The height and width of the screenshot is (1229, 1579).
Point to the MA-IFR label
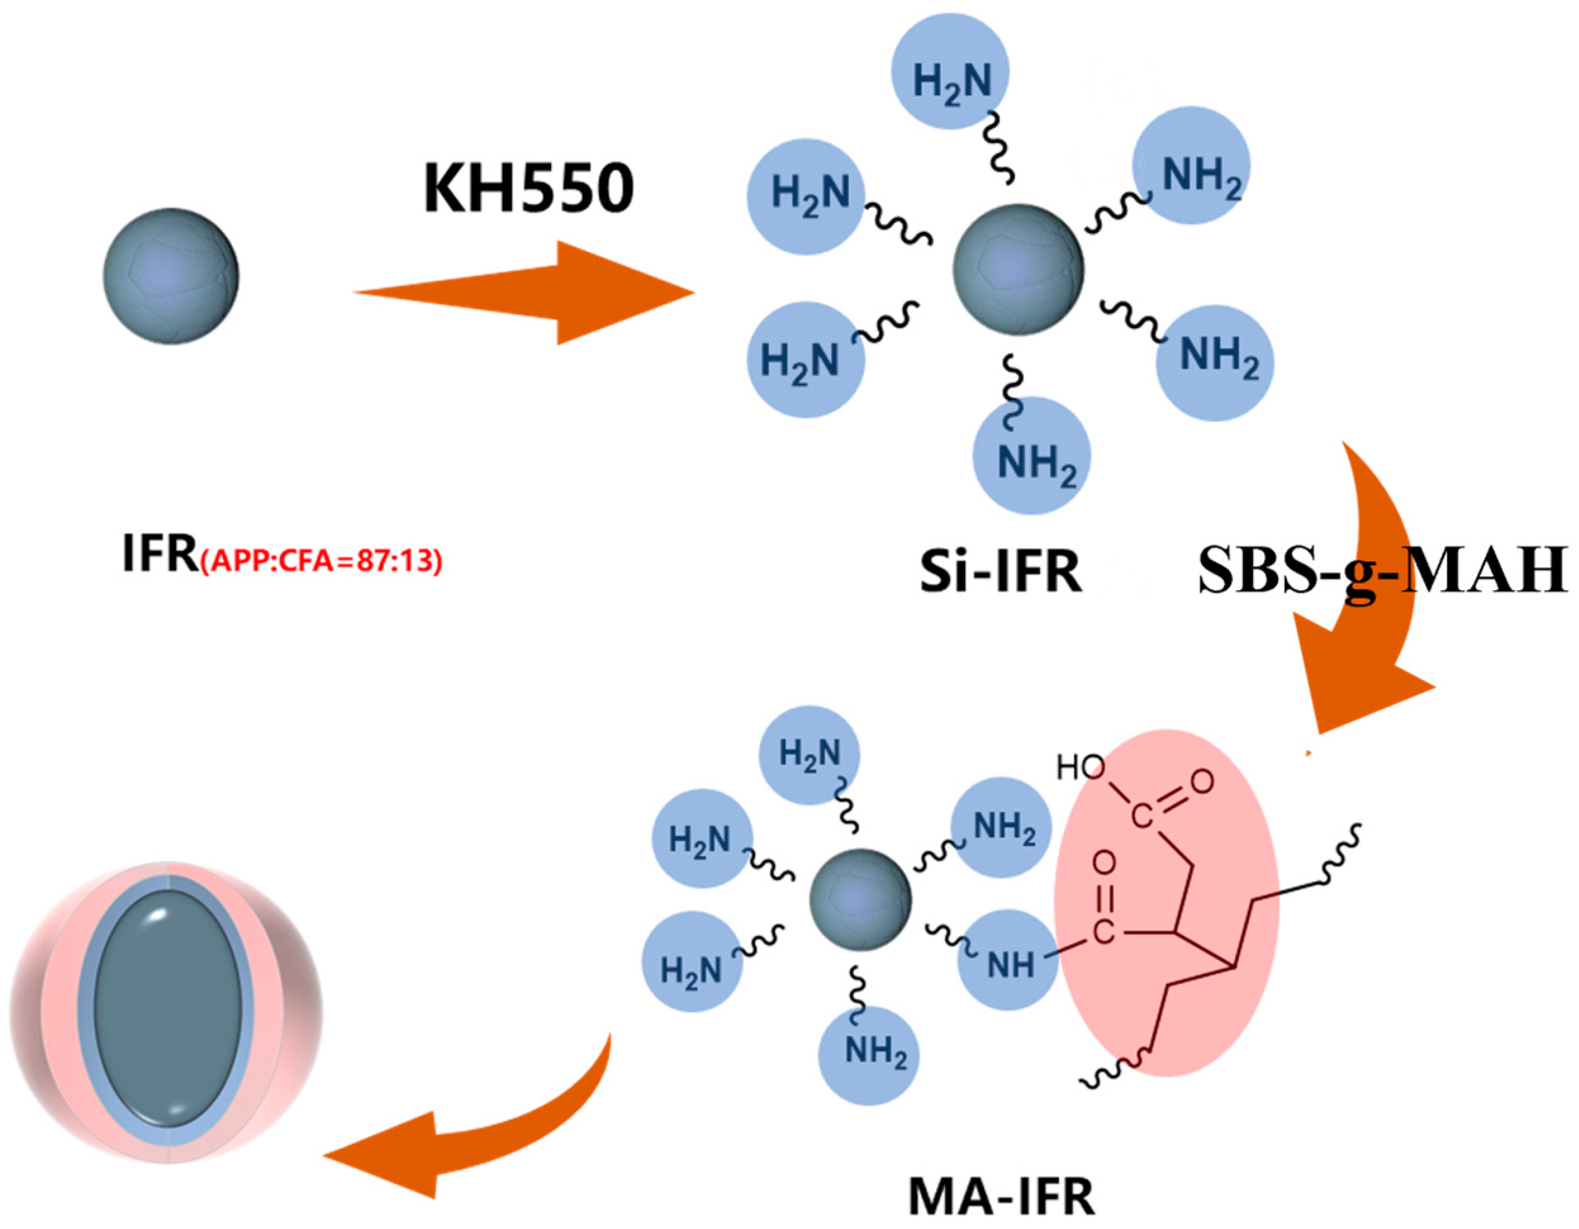[1001, 1197]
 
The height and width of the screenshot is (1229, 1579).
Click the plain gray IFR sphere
[170, 275]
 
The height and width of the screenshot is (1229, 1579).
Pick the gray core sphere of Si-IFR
[1018, 269]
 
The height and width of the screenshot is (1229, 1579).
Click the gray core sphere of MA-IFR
[860, 898]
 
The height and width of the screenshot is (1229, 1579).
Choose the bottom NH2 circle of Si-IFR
[1032, 455]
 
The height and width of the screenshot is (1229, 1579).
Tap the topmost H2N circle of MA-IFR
[809, 755]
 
